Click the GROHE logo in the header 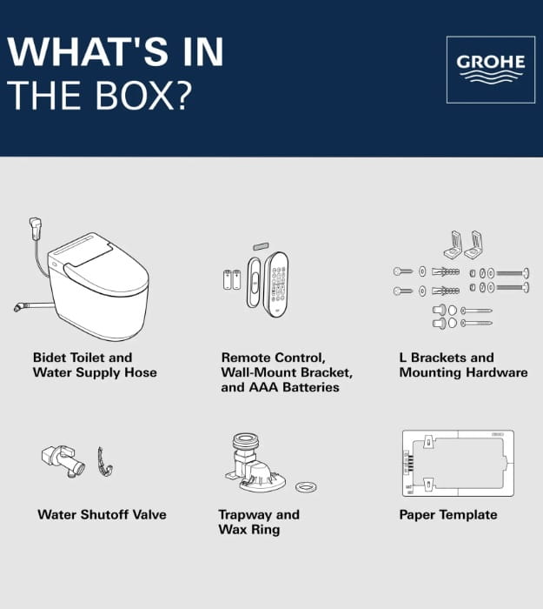coord(491,70)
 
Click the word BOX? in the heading coord(143,96)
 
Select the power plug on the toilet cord coord(36,228)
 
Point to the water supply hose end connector coord(19,307)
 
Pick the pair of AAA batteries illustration coord(232,279)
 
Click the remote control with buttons coord(276,284)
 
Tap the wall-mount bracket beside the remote coord(254,282)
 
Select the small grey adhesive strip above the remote coord(261,246)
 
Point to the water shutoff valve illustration coord(63,461)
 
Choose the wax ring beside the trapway coord(306,487)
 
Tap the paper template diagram coord(458,463)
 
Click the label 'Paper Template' coord(448,515)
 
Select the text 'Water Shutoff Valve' coord(102,515)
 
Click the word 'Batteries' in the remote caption coord(311,387)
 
